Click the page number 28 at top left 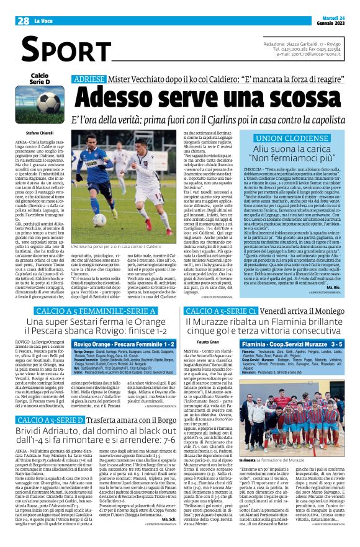point(24,21)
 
